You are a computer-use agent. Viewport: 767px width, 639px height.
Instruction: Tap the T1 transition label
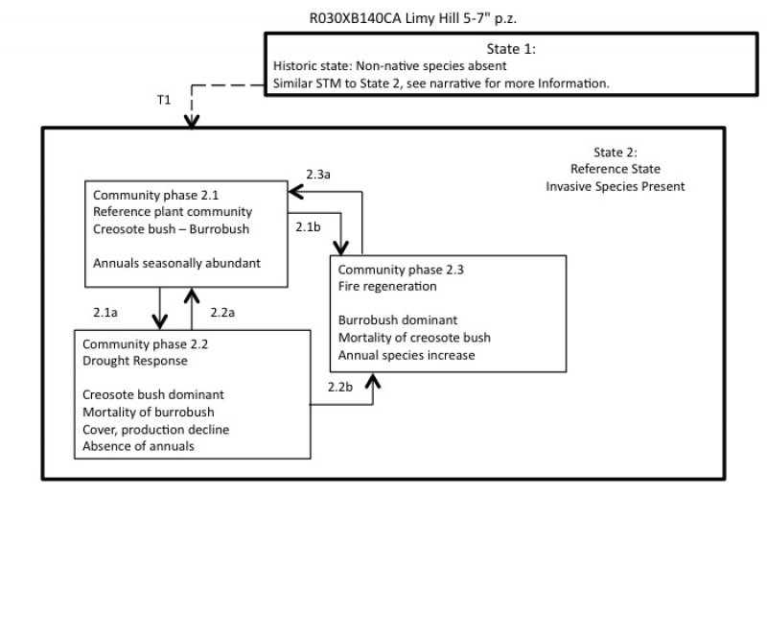164,99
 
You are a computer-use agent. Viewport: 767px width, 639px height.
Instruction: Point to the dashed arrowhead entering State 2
192,122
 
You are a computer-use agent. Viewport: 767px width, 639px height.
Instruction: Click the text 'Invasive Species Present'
616,186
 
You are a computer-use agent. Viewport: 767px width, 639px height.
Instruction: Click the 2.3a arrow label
319,174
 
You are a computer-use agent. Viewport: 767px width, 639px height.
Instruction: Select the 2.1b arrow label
308,226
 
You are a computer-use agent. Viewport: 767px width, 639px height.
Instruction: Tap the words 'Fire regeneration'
387,286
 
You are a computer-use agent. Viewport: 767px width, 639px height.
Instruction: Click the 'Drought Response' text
135,361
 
